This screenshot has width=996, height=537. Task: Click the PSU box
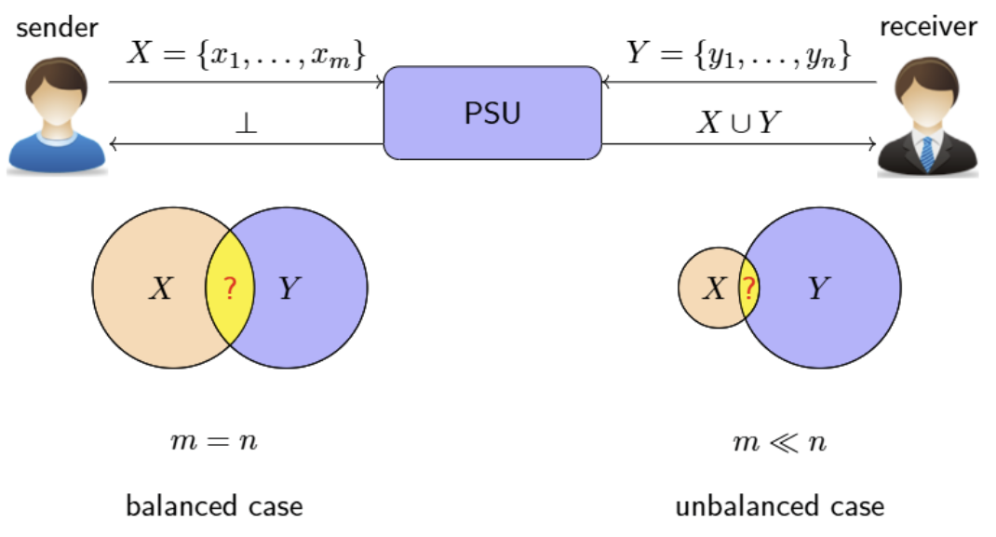(492, 113)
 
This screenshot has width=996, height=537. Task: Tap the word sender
(57, 26)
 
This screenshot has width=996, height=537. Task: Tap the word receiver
(928, 26)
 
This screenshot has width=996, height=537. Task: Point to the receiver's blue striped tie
(927, 154)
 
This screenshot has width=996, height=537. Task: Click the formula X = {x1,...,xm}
(246, 56)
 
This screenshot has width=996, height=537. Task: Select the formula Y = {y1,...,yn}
(737, 56)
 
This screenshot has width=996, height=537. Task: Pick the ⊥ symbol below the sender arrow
(246, 123)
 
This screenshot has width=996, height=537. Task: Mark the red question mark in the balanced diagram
(230, 289)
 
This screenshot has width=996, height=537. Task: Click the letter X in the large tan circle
(161, 289)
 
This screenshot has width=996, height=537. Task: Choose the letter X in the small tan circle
(713, 289)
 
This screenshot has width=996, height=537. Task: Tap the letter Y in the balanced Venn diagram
(290, 289)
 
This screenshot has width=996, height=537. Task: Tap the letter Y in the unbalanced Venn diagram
(817, 289)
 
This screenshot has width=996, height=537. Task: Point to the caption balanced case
(214, 506)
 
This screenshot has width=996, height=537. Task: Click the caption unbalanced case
(779, 506)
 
